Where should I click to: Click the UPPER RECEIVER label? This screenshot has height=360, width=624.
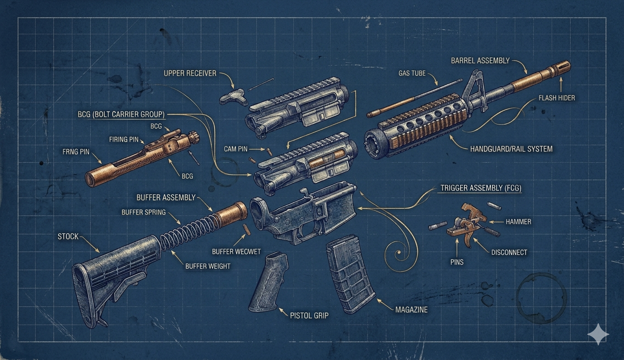pos(189,73)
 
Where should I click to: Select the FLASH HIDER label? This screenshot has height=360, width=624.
pos(557,98)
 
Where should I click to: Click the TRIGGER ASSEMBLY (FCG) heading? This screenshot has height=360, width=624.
pos(480,188)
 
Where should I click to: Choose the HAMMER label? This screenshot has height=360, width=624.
pos(518,221)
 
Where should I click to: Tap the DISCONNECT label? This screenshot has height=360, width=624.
pos(509,252)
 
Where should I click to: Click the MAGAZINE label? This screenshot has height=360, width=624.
pos(411,309)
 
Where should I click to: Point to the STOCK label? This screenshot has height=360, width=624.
pos(68,236)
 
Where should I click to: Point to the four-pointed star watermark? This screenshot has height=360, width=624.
pos(598,334)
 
